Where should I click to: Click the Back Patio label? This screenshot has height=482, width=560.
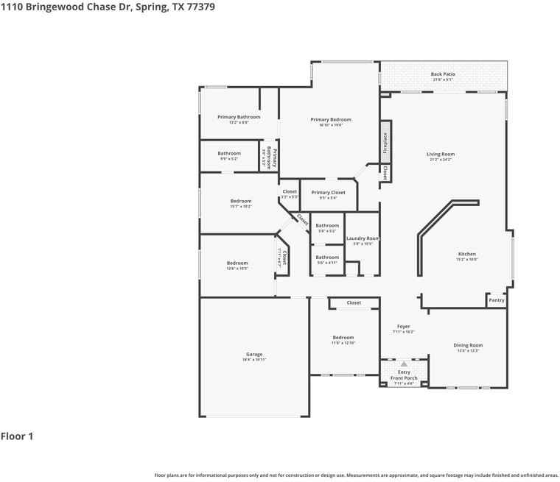coord(443,74)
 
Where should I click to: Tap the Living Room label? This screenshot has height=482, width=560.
coord(440,155)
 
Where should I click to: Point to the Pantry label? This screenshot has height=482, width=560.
coord(497,300)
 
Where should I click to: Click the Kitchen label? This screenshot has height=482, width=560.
coord(466,254)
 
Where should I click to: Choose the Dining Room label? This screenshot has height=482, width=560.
coord(468,345)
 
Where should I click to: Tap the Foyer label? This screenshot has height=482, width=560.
coord(403,326)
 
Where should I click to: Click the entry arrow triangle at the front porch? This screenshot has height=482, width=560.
coord(403,364)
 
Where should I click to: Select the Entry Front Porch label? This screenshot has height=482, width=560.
coord(403,375)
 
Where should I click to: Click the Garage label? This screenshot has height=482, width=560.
coord(253,354)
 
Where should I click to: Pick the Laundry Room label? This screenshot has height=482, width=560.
coord(363,238)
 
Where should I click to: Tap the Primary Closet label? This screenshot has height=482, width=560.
coord(328,192)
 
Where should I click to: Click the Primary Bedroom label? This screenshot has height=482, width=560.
coord(331,119)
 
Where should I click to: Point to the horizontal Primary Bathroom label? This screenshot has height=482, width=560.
coord(239,117)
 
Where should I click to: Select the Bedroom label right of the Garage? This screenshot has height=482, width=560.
coord(343,338)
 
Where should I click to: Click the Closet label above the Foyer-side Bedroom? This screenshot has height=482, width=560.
coord(354,302)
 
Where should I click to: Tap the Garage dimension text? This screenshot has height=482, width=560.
coord(253,360)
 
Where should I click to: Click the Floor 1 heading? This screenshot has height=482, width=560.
coord(17,436)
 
